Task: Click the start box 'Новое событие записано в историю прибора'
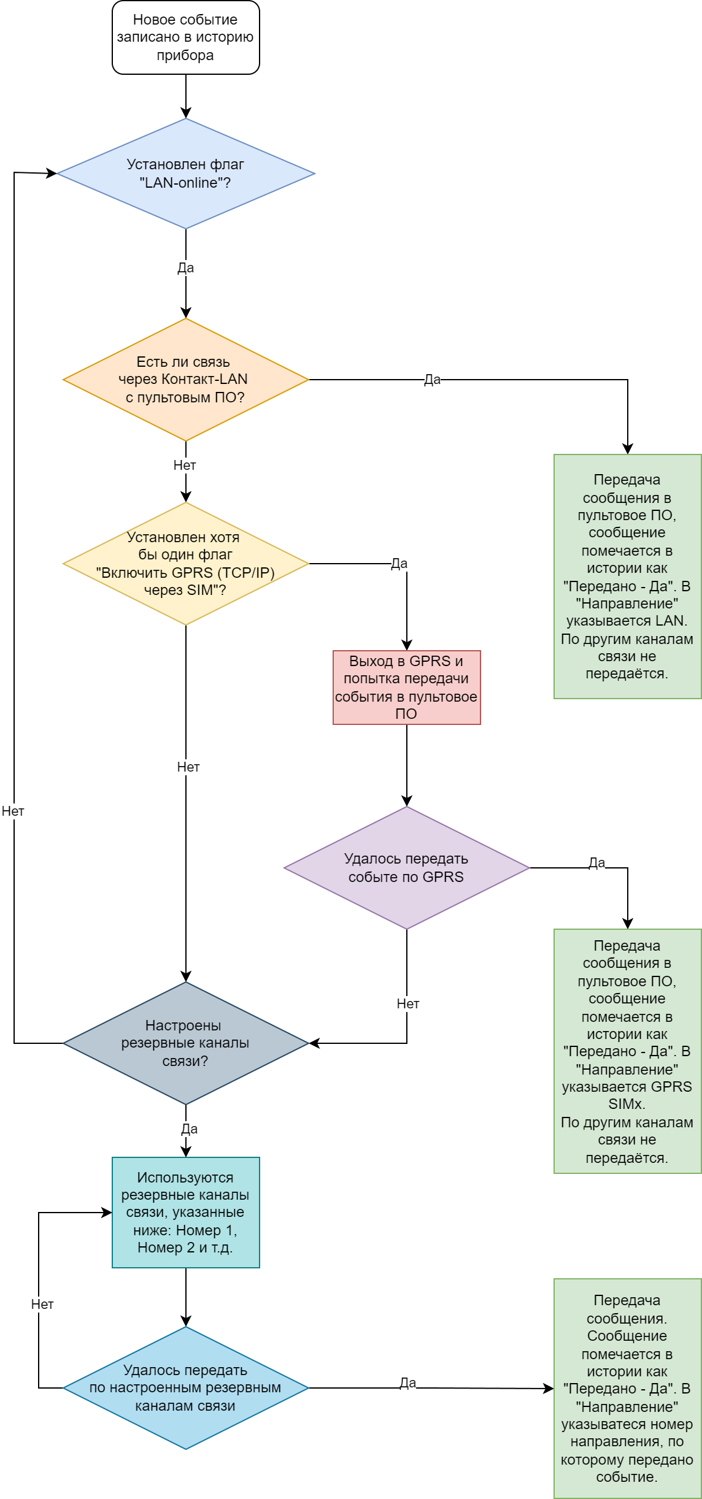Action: [x=186, y=37]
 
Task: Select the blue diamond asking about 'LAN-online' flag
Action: [x=186, y=174]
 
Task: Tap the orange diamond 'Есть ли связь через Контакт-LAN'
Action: [x=186, y=380]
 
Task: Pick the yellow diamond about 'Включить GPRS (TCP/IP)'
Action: [x=186, y=564]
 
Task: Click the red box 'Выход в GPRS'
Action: [x=407, y=688]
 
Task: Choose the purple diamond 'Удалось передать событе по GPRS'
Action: [x=407, y=868]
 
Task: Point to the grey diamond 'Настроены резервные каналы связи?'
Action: [x=186, y=1043]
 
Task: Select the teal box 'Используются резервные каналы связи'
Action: [x=186, y=1213]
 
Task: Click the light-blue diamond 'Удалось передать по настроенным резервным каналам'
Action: [x=186, y=1388]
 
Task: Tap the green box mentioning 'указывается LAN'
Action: [x=628, y=577]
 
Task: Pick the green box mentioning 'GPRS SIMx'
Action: [x=628, y=1051]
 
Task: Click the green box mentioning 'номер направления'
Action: [x=628, y=1389]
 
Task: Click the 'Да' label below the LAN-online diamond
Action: [x=186, y=268]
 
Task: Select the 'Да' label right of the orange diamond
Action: [x=433, y=380]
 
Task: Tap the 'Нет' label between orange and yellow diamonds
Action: [x=185, y=466]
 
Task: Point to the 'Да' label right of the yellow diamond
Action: [x=399, y=564]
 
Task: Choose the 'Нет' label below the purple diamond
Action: [x=408, y=1004]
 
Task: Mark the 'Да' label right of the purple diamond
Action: [x=597, y=863]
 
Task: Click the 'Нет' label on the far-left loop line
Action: [x=13, y=811]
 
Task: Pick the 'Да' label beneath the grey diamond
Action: [x=190, y=1129]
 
